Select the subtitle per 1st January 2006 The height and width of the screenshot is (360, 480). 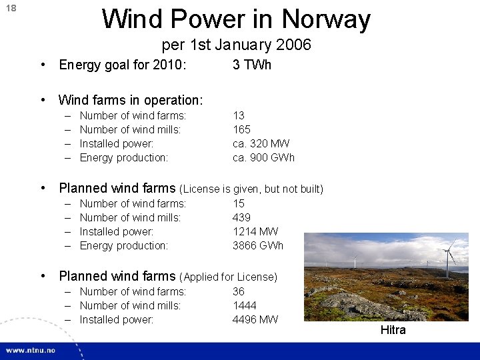coord(236,45)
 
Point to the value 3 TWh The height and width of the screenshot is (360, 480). coord(251,65)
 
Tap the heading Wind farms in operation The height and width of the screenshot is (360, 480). coord(131,100)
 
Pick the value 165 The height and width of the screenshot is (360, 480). coord(241,129)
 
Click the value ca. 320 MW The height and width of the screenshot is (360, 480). coord(261,143)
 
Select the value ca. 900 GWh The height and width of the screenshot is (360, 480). coord(263,157)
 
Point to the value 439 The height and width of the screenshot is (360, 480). coord(241,217)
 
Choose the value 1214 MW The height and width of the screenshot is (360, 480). coord(255,231)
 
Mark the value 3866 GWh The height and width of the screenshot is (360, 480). coord(257,245)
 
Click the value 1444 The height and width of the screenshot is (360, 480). coord(244,305)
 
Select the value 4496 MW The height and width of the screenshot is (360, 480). coord(255,319)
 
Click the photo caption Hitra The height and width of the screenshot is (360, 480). coord(393,330)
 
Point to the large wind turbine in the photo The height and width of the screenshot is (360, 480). coord(447,257)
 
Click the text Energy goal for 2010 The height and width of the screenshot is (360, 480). coord(123,65)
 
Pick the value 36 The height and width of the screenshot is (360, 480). coord(239,291)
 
